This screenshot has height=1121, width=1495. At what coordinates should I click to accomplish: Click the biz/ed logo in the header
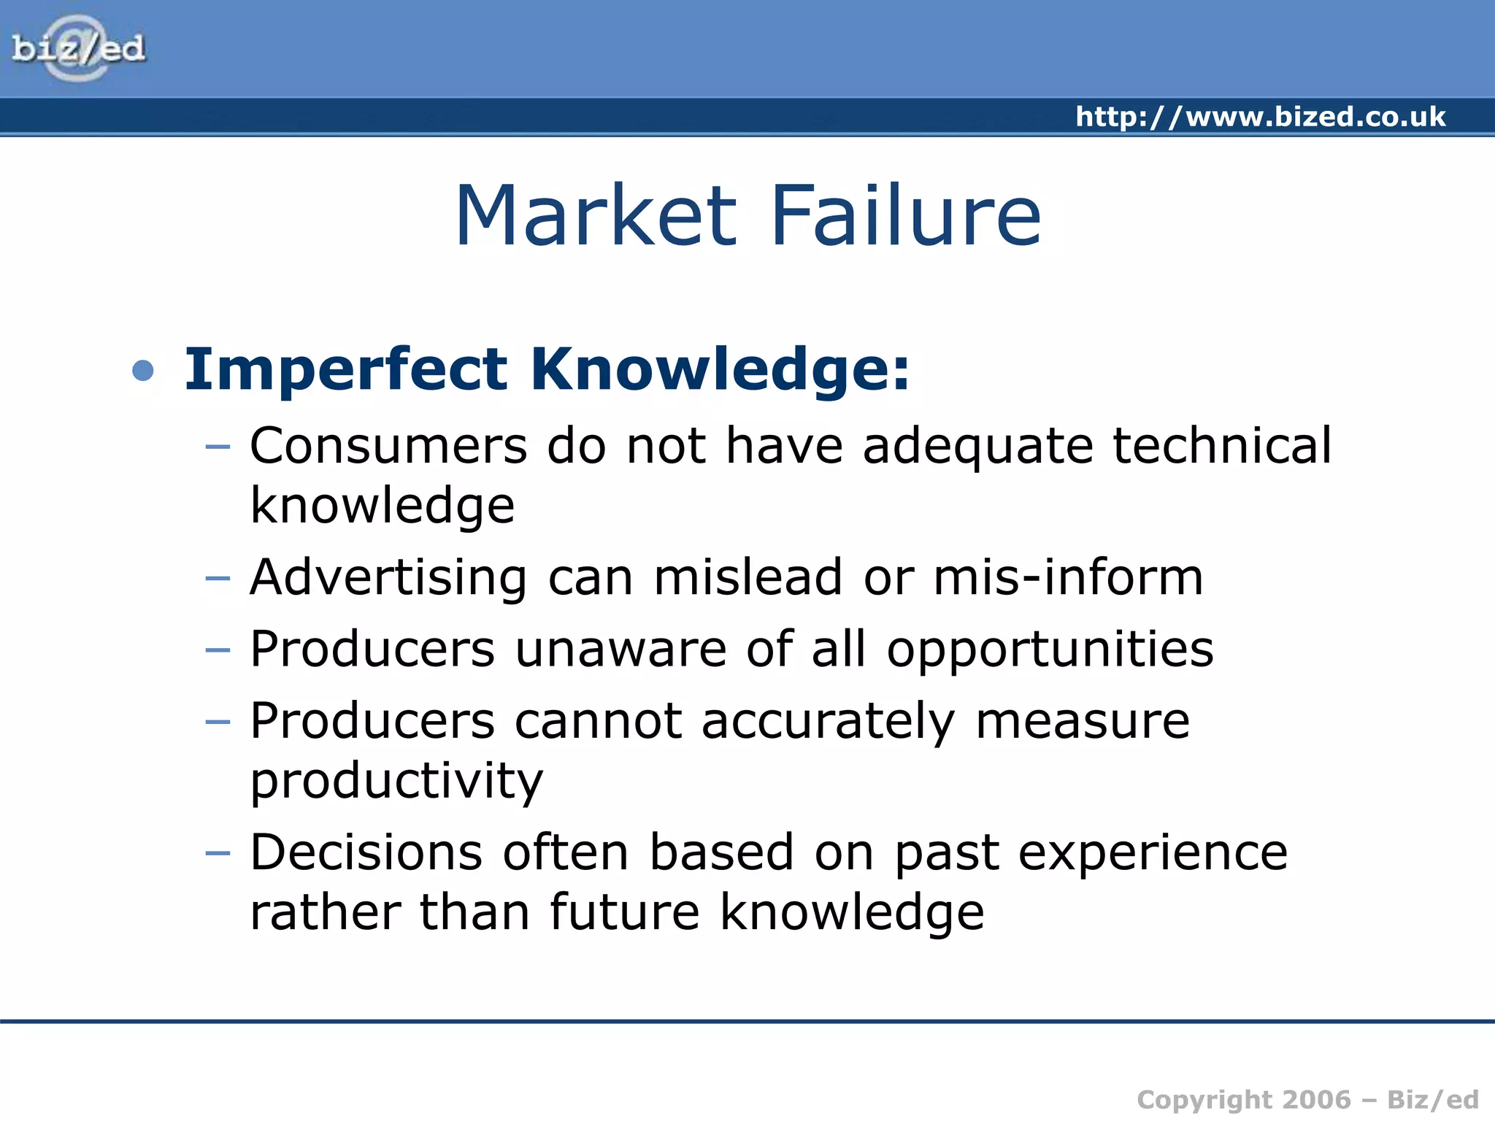[x=78, y=49]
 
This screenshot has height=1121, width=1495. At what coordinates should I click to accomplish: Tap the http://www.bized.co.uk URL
[x=1260, y=117]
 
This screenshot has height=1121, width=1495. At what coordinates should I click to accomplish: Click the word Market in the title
[x=596, y=216]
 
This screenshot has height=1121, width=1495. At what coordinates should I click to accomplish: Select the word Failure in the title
[x=905, y=216]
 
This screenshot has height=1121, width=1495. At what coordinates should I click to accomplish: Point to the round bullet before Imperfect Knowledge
[x=143, y=371]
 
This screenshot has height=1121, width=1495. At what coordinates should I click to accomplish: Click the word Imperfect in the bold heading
[x=345, y=370]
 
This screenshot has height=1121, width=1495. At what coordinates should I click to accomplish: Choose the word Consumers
[x=388, y=446]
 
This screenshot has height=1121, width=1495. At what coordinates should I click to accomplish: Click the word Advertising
[x=388, y=578]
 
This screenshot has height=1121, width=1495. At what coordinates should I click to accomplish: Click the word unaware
[x=620, y=650]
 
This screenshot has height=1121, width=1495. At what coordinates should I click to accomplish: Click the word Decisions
[x=366, y=852]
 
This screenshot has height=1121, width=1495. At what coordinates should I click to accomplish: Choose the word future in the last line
[x=625, y=912]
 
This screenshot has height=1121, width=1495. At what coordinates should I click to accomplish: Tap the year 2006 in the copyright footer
[x=1316, y=1100]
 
